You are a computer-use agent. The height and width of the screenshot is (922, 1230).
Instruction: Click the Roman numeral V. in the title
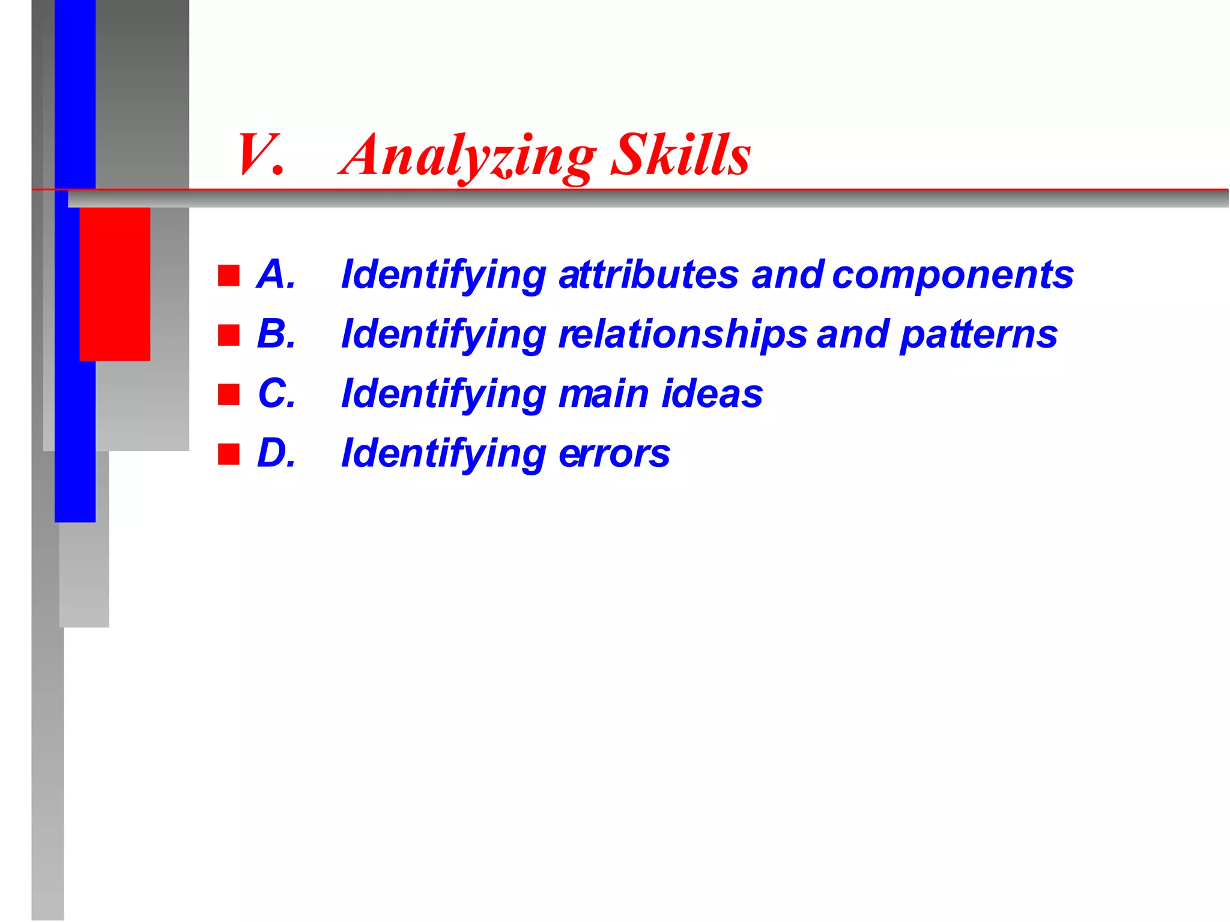259,155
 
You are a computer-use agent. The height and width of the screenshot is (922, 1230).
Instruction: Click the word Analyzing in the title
468,155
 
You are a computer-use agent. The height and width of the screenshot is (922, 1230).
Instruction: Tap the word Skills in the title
680,155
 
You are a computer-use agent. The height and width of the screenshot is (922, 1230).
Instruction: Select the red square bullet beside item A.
229,276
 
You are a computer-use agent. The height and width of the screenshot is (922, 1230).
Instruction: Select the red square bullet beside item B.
229,335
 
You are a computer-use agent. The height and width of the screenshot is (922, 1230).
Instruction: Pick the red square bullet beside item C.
229,394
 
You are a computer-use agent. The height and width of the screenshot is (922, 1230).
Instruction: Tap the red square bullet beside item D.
229,454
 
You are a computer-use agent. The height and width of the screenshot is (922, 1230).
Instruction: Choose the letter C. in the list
276,393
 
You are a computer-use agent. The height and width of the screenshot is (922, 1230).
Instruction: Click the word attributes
648,274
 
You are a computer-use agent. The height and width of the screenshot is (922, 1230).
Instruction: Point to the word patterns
978,335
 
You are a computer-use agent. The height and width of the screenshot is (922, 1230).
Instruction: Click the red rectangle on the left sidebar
115,283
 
